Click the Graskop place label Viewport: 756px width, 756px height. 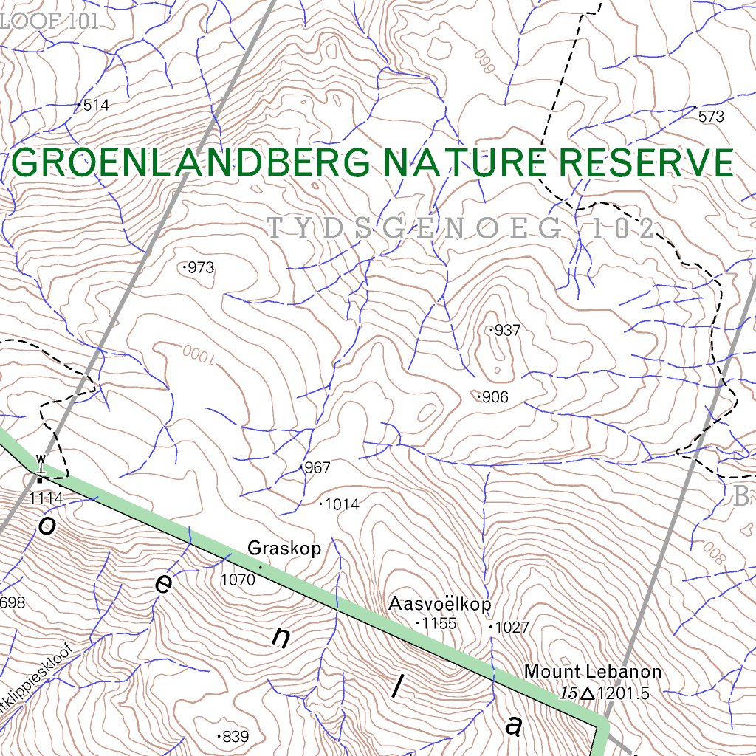point(284,549)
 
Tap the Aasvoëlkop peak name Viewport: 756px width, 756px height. point(440,605)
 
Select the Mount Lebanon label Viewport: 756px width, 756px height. point(593,672)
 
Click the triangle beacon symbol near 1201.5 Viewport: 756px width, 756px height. point(588,694)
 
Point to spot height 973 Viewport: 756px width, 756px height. point(200,268)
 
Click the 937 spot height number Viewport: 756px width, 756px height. point(507,331)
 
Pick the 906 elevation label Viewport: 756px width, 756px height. point(495,398)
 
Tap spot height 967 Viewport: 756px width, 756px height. point(317,468)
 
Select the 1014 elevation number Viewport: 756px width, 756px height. point(342,505)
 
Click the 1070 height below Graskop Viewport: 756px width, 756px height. point(238,580)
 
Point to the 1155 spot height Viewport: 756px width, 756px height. point(439,624)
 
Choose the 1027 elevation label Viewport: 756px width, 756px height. point(512,628)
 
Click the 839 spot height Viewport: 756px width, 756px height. point(236,737)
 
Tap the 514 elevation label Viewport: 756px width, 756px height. point(96,106)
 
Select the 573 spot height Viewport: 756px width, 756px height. point(711,117)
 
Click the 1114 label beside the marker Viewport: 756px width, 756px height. point(47,499)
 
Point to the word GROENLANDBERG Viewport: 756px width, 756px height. point(190,163)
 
